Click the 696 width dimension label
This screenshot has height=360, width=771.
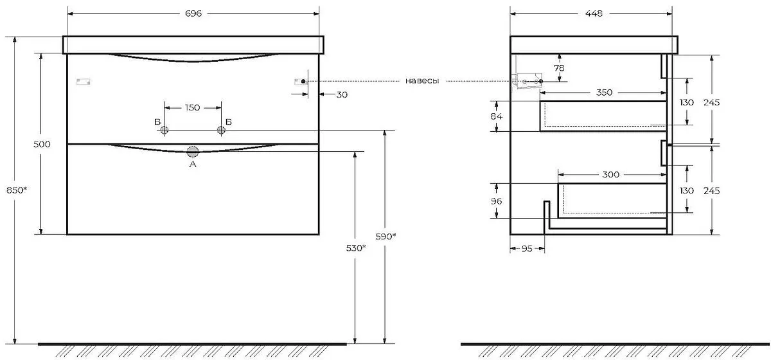click(193, 14)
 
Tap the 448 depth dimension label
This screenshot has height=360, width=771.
click(594, 14)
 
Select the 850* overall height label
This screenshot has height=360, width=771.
click(17, 190)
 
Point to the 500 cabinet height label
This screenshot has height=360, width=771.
click(42, 145)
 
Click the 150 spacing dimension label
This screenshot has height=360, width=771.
click(192, 108)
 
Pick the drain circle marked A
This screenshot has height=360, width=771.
click(193, 152)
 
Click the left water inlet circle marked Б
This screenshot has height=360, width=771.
click(164, 130)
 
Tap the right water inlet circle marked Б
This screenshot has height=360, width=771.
click(221, 130)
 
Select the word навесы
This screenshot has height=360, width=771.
click(422, 81)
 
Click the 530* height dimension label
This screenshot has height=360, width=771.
click(356, 248)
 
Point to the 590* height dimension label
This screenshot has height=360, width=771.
click(385, 237)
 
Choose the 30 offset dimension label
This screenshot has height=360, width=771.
click(342, 94)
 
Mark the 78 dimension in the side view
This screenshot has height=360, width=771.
click(560, 68)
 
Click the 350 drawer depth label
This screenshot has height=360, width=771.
click(604, 93)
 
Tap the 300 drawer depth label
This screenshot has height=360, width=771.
click(610, 175)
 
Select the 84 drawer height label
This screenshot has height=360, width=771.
click(496, 116)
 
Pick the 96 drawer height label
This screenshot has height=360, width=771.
click(496, 201)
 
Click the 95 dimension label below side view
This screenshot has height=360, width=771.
click(527, 249)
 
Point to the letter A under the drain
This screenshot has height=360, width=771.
click(193, 165)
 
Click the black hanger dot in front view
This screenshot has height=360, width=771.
click(303, 81)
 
